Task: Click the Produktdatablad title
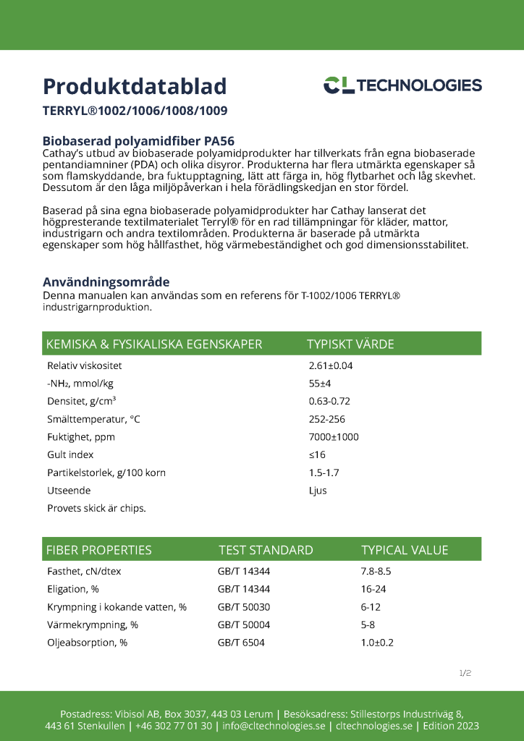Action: pyautogui.click(x=135, y=86)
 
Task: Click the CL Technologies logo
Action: pyautogui.click(x=402, y=85)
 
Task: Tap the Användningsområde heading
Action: pyautogui.click(x=106, y=281)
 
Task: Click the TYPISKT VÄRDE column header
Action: pyautogui.click(x=350, y=344)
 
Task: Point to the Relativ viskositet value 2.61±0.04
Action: pyautogui.click(x=331, y=366)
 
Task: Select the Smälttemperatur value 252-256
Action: pyautogui.click(x=327, y=419)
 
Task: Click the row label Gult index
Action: pyautogui.click(x=70, y=454)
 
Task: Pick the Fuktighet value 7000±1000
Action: pyautogui.click(x=334, y=437)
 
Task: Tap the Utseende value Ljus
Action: pyautogui.click(x=318, y=490)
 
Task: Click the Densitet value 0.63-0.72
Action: pyautogui.click(x=329, y=402)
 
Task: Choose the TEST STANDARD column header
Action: pyautogui.click(x=266, y=550)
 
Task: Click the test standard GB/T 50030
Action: pyautogui.click(x=244, y=606)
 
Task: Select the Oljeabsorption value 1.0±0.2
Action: pyautogui.click(x=377, y=642)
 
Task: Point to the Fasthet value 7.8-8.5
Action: pyautogui.click(x=376, y=571)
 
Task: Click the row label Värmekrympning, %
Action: pyautogui.click(x=93, y=624)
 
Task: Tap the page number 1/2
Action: pyautogui.click(x=465, y=673)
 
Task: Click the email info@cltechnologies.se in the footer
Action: pyautogui.click(x=274, y=726)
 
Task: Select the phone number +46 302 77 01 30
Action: pyautogui.click(x=174, y=726)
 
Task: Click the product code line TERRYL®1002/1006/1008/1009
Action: pyautogui.click(x=135, y=111)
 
